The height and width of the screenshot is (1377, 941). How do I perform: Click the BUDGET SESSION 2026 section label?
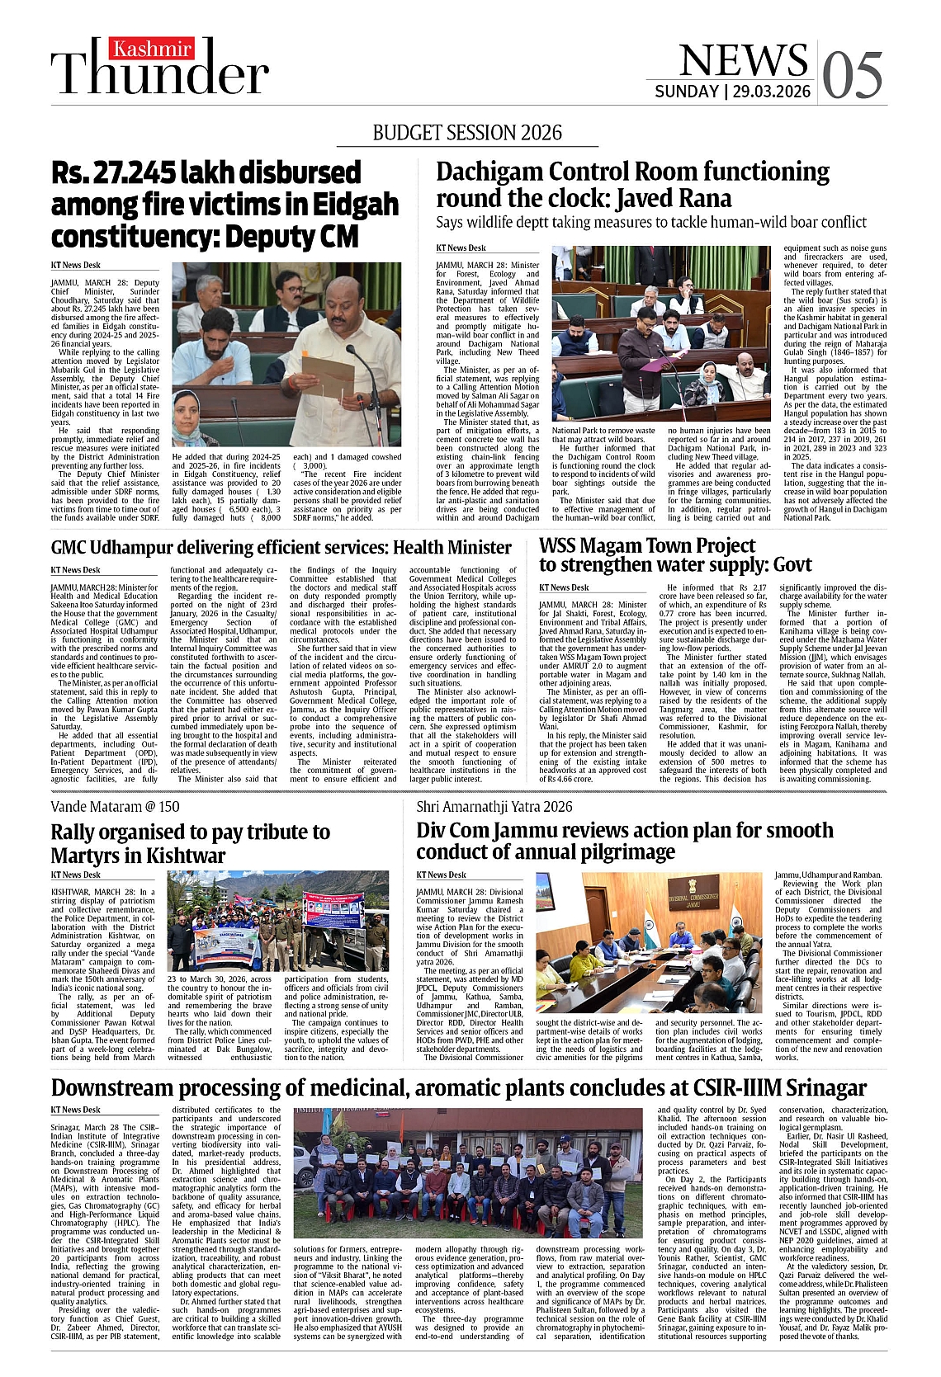click(x=467, y=133)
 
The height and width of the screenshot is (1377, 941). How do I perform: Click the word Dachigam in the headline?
click(x=489, y=172)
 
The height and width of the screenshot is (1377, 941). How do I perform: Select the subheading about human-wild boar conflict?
click(x=650, y=222)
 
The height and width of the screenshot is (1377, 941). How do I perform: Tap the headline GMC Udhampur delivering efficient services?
click(x=281, y=547)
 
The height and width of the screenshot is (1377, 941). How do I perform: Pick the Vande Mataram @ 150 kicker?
click(x=115, y=806)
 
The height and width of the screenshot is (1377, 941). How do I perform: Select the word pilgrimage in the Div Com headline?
click(x=622, y=851)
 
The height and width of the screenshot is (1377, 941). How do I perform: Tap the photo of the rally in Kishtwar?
click(x=277, y=921)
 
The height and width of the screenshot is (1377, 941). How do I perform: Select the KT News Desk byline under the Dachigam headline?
click(x=461, y=248)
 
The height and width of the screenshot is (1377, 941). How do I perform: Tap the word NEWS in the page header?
click(x=743, y=60)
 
